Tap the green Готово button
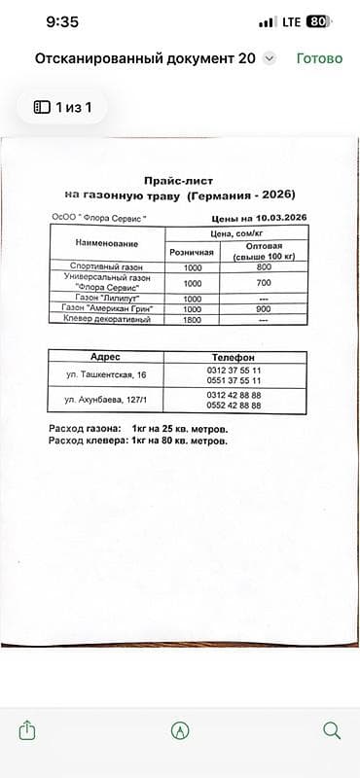coord(319,58)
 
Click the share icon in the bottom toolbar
coord(27,730)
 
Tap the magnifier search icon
coord(331,730)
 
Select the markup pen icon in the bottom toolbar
coord(179,730)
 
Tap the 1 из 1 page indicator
coord(63,107)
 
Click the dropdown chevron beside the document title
coord(270,59)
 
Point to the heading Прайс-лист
coord(177,181)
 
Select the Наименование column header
coord(105,242)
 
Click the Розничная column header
coord(192,251)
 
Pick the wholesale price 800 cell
coord(264,266)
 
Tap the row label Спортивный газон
coord(105,266)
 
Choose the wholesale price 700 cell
coord(264,282)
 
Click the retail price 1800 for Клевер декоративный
coord(192,319)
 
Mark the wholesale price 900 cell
coord(264,308)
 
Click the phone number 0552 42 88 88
coord(234,405)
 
